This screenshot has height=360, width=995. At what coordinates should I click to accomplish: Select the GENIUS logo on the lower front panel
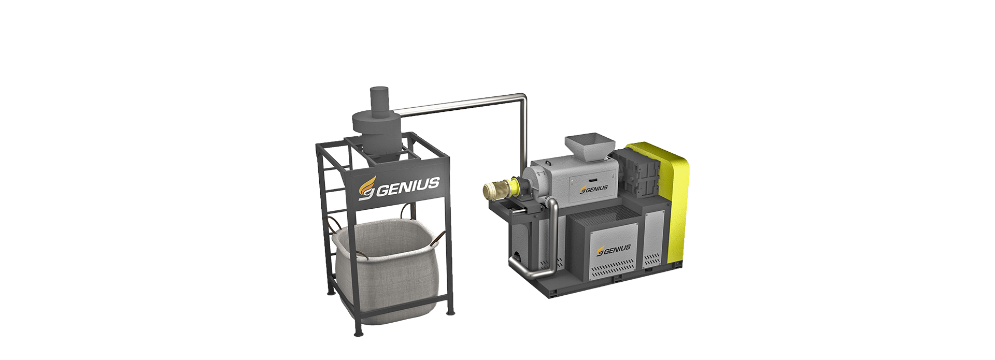click(614, 250)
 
